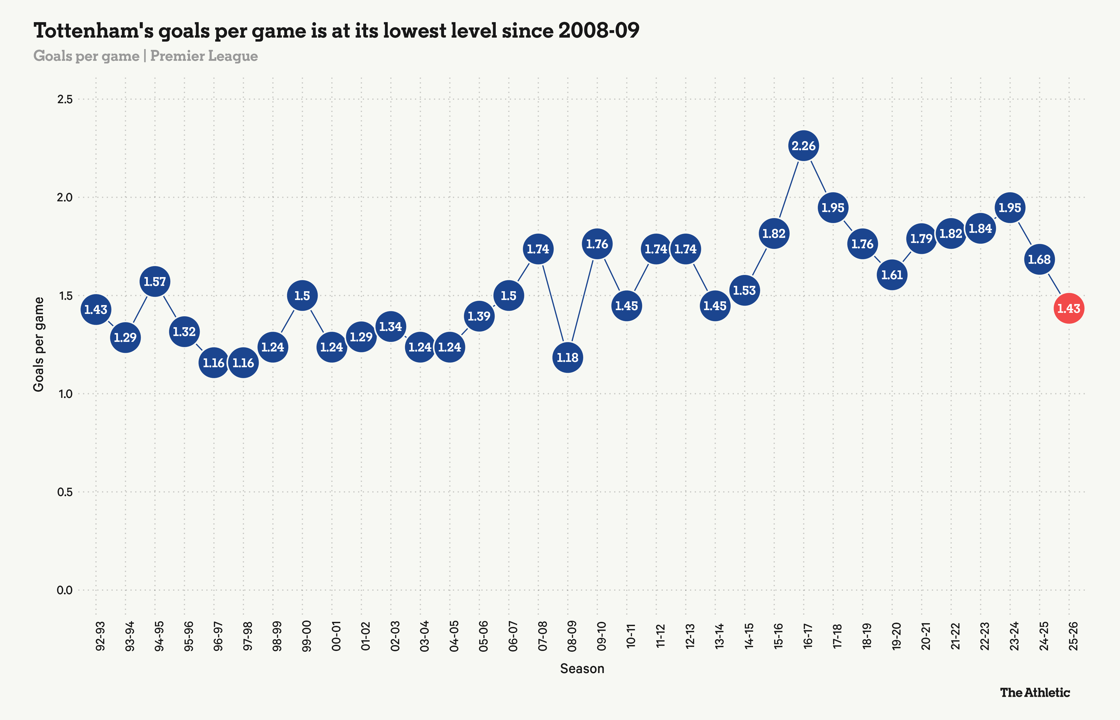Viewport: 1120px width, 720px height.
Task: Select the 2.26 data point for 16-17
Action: click(803, 146)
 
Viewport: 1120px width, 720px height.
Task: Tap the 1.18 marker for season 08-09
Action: click(567, 358)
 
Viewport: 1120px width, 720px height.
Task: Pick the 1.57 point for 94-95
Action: click(155, 281)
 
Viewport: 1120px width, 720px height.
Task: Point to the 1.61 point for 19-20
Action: click(892, 275)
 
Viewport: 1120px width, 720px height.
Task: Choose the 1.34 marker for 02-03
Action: click(391, 326)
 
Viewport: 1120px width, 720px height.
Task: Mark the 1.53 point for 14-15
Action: click(744, 290)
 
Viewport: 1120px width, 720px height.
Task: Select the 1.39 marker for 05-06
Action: click(479, 316)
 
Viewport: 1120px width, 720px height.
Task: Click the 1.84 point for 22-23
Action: click(980, 229)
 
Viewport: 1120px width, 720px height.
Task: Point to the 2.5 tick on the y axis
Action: click(65, 99)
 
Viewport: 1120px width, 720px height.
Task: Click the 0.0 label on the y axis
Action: click(65, 590)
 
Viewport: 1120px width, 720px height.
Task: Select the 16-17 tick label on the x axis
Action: click(807, 636)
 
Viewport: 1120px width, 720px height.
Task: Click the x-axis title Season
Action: click(582, 669)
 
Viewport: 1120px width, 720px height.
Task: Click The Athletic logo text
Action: click(1035, 693)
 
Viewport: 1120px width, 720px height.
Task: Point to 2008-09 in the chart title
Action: click(599, 31)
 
